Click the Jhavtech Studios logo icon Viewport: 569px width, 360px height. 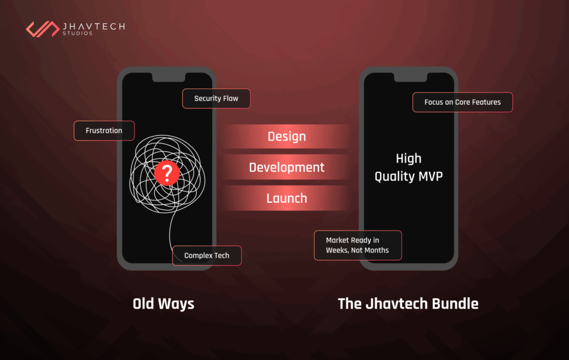click(x=43, y=29)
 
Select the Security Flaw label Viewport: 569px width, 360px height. click(x=216, y=98)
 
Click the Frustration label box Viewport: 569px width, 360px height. click(x=104, y=131)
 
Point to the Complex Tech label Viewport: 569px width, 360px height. click(x=207, y=256)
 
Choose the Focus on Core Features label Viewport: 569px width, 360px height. click(x=462, y=102)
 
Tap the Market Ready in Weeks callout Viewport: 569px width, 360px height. click(x=358, y=245)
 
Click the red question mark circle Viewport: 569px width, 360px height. click(x=166, y=174)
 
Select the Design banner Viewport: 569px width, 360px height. click(x=287, y=137)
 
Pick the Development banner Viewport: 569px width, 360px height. click(x=287, y=167)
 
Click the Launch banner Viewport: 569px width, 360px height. click(x=287, y=198)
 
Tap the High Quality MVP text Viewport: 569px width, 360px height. click(x=408, y=167)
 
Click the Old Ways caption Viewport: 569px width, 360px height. click(x=163, y=304)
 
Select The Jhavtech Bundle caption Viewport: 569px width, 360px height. click(x=408, y=304)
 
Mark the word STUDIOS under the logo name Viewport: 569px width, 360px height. click(x=78, y=34)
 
